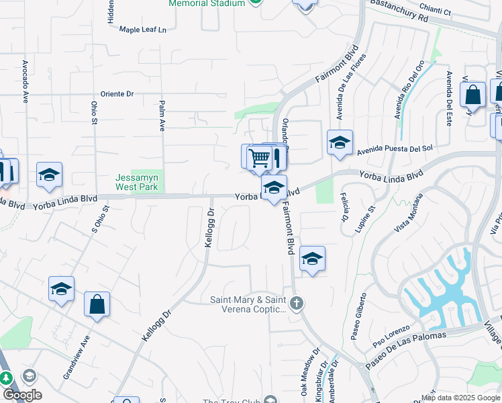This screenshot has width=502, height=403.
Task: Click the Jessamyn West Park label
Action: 137,182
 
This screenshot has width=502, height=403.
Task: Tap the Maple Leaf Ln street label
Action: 142,30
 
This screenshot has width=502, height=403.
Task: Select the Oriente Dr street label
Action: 117,94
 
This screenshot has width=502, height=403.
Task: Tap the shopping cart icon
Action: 259,159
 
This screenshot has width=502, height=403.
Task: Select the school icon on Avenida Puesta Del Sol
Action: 340,142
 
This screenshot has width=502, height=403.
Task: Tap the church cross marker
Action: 297,304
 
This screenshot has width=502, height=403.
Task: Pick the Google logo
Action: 22,395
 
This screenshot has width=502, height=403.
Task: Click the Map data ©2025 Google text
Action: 461,398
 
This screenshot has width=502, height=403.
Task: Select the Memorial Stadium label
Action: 207,3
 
